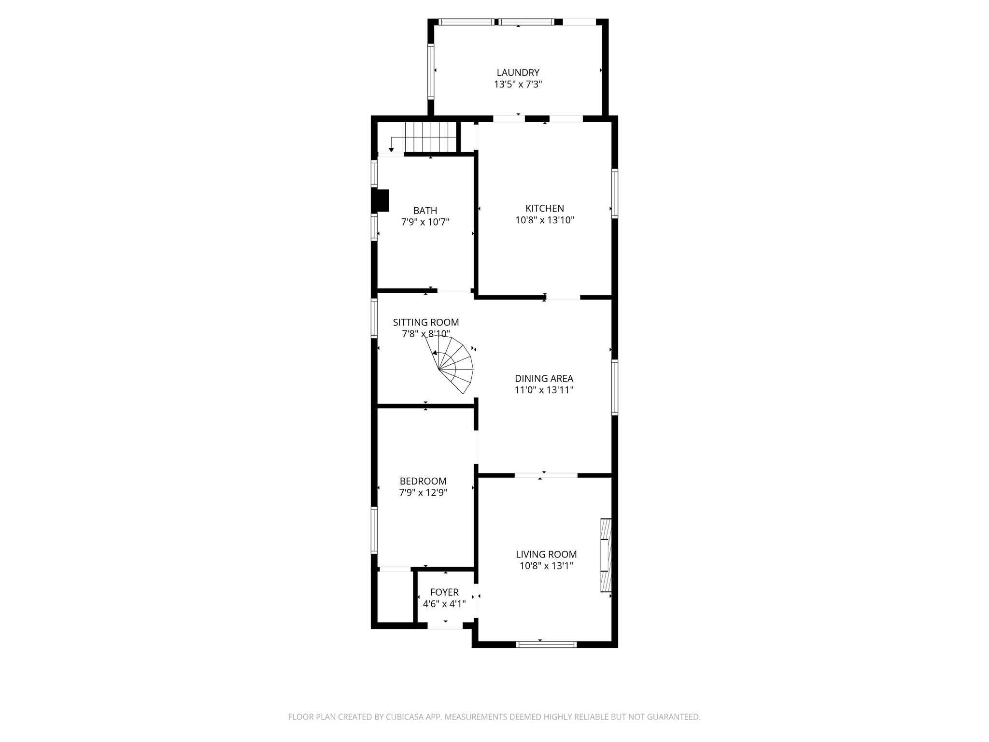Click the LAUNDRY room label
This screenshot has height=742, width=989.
click(x=518, y=72)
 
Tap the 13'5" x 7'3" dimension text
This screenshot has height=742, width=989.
click(x=518, y=85)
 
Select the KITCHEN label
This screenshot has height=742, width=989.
click(x=545, y=208)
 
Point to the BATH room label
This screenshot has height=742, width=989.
click(x=425, y=211)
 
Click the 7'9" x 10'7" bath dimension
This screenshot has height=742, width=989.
click(x=425, y=222)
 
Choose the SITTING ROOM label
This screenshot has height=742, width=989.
click(x=425, y=322)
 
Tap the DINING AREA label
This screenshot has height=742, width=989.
click(x=544, y=379)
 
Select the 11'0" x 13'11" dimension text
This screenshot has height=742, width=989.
click(x=544, y=390)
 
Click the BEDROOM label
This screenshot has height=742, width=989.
click(x=423, y=481)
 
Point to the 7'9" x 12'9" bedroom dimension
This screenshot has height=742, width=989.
click(x=423, y=493)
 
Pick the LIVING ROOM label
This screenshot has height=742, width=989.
click(x=546, y=555)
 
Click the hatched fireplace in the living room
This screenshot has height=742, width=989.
click(x=606, y=555)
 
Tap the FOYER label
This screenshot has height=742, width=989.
click(x=444, y=592)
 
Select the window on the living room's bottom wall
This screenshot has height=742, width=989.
click(x=546, y=644)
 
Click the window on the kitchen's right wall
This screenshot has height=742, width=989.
click(x=614, y=193)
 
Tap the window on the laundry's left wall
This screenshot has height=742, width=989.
click(x=431, y=71)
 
